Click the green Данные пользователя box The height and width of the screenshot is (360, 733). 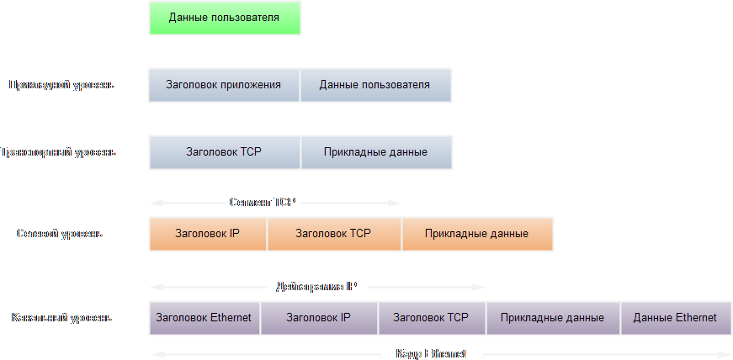point(224,17)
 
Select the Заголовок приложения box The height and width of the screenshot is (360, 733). point(223,85)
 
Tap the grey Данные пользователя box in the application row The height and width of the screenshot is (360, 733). point(375,85)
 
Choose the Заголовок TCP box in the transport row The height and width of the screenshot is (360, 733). point(224,152)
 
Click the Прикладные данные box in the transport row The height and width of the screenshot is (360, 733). point(376,152)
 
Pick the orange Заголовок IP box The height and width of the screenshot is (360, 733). point(207,234)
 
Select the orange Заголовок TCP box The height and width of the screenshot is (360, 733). point(333,234)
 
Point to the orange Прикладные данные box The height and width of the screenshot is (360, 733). point(477,234)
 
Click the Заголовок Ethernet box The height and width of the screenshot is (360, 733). point(204,318)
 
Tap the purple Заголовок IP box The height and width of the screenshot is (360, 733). point(318,318)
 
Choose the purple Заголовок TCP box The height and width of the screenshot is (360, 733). point(431,318)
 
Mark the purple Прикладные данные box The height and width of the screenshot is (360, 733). point(552,318)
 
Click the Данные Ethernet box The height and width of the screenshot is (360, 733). point(675,318)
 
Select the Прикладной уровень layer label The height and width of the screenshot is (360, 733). point(61,85)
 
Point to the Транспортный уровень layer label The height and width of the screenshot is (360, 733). point(59,152)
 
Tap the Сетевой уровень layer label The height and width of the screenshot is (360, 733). point(60,234)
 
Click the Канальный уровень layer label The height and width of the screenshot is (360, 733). point(61,318)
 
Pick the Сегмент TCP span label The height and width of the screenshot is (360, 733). point(263,203)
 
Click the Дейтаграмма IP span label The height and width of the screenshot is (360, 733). point(316,287)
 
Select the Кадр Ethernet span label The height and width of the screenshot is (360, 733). point(431,354)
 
